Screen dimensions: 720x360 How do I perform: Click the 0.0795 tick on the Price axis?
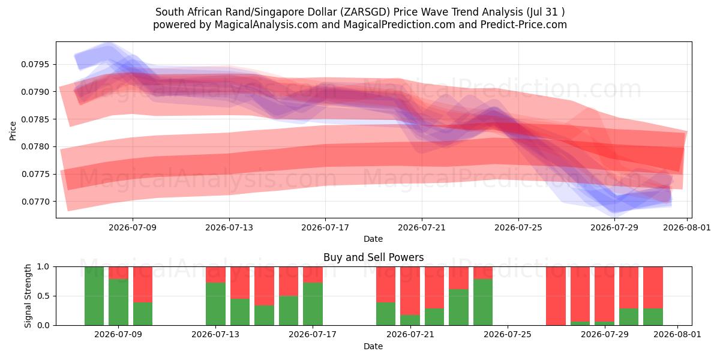tap(35, 64)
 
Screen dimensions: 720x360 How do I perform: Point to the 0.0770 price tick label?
tap(35, 202)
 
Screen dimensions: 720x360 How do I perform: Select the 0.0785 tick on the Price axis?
tap(35, 119)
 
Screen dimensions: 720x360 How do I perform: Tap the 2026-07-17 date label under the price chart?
tap(325, 227)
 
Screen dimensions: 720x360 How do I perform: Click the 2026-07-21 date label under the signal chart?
tap(410, 334)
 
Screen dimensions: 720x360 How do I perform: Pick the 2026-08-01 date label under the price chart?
tap(687, 227)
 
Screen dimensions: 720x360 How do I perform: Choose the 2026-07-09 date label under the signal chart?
tap(118, 334)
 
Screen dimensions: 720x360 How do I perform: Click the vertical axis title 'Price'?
tap(13, 131)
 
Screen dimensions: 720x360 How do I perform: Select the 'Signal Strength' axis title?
tap(28, 296)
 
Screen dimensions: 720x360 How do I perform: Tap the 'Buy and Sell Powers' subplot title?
tap(373, 257)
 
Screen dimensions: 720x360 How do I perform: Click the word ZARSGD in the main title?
tap(365, 12)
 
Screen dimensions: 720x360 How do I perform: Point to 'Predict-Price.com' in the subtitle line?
tap(524, 25)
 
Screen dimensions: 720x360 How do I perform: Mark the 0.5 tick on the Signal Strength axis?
tap(43, 296)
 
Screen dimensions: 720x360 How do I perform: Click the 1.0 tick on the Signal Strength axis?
tap(43, 266)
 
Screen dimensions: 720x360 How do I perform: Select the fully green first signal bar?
tap(94, 296)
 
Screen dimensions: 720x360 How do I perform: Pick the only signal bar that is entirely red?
tap(556, 296)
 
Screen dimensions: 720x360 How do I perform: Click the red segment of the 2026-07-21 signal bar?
tap(410, 290)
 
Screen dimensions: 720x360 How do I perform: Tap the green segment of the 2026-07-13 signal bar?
tap(215, 304)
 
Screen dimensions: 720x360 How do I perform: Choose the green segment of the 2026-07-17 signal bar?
tap(313, 304)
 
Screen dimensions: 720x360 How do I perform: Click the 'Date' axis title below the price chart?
tap(373, 239)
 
